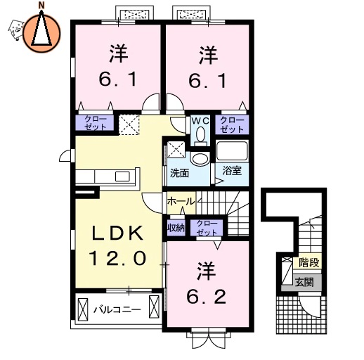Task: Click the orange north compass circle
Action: pyautogui.click(x=41, y=33)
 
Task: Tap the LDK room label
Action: pyautogui.click(x=117, y=233)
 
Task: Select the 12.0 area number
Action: pyautogui.click(x=117, y=258)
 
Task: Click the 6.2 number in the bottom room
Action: pyautogui.click(x=207, y=297)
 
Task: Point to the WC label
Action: pyautogui.click(x=200, y=121)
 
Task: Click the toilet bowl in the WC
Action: pyautogui.click(x=200, y=134)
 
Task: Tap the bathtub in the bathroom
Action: pyautogui.click(x=232, y=150)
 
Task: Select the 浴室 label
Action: pyautogui.click(x=232, y=170)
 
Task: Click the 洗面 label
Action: pyautogui.click(x=179, y=173)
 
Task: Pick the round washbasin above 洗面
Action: pyautogui.click(x=200, y=158)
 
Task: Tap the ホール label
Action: pyautogui.click(x=181, y=201)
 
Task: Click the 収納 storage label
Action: pyautogui.click(x=176, y=227)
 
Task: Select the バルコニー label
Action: pyautogui.click(x=117, y=310)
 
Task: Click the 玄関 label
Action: pyautogui.click(x=304, y=282)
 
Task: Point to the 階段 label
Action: pyautogui.click(x=308, y=262)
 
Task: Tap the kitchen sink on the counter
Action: pyautogui.click(x=122, y=176)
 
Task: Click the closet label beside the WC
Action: pyautogui.click(x=232, y=124)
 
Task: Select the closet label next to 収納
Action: pyautogui.click(x=207, y=228)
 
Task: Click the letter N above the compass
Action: pyautogui.click(x=41, y=6)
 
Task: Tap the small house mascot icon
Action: pyautogui.click(x=16, y=30)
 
